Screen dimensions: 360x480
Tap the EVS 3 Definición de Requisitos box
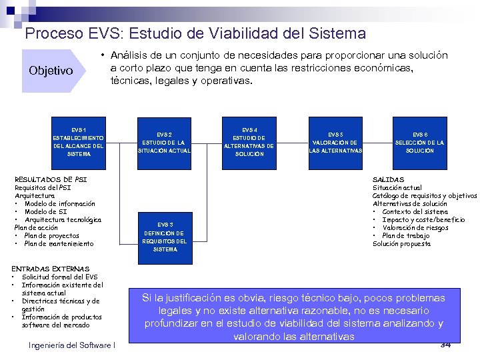pyautogui.click(x=165, y=237)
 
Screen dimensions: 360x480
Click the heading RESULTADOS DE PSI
pyautogui.click(x=51, y=180)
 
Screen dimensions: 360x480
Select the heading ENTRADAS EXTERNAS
pyautogui.click(x=50, y=268)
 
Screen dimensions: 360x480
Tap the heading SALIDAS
pyautogui.click(x=388, y=180)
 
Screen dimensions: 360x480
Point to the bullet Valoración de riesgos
pyautogui.click(x=419, y=228)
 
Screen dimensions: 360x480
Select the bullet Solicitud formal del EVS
pyautogui.click(x=59, y=277)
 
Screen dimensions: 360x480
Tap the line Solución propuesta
pyautogui.click(x=401, y=244)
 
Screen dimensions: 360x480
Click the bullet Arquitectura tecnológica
pyautogui.click(x=63, y=220)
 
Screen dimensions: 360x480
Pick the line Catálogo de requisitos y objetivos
pyautogui.click(x=424, y=196)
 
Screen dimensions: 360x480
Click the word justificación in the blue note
pyautogui.click(x=201, y=297)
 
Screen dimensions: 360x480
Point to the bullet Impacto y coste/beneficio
pyautogui.click(x=423, y=220)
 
